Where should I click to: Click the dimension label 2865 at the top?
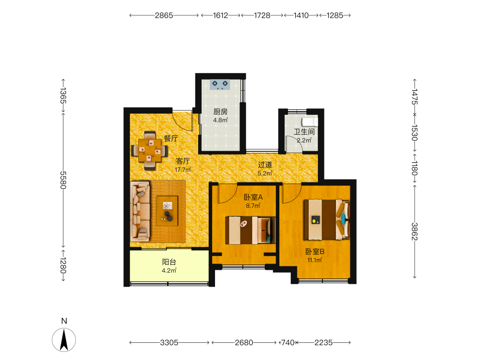pos(164,15)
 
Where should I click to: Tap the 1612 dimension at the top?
pos(220,15)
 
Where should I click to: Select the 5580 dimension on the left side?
pos(63,180)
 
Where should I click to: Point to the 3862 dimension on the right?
pos(415,231)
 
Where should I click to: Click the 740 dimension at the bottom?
pos(288,343)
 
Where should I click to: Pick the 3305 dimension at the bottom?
pos(169,343)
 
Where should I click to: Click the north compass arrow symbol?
pos(64,339)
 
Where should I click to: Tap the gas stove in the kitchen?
pos(220,84)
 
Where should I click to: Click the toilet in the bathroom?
pos(310,122)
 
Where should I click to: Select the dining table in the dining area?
pos(150,150)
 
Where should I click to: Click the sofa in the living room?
pos(140,211)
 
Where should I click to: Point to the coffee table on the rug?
pos(167,211)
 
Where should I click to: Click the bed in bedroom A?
pos(251,230)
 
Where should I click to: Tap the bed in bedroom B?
pos(326,219)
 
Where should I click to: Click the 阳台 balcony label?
pos(169,262)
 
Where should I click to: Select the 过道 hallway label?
pos(265,165)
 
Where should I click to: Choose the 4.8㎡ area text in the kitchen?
pos(220,120)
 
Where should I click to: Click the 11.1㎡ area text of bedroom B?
pos(315,260)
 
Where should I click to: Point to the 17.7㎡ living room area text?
pos(183,169)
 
